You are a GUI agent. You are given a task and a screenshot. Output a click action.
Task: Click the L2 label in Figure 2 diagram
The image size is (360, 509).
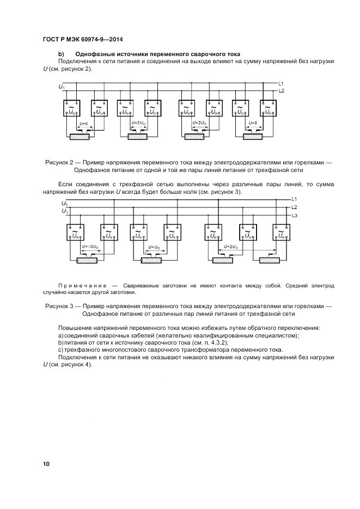281,90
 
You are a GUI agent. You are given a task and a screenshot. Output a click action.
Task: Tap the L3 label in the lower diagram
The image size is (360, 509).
294,216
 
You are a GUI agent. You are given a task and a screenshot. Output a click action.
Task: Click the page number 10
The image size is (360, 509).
46,464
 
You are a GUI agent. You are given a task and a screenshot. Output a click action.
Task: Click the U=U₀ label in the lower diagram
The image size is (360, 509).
154,247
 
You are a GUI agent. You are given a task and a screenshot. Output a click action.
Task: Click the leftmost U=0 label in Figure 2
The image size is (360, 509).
83,124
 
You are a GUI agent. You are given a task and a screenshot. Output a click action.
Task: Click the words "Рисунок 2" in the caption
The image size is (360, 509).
61,162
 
